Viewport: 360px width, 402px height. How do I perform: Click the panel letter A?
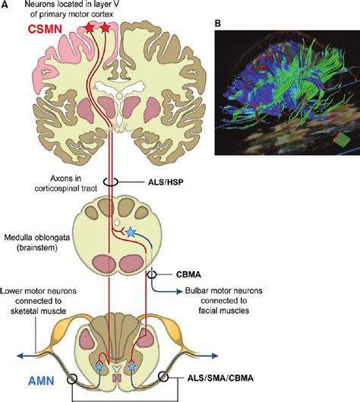pos(7,7)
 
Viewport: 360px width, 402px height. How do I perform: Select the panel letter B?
pos(218,24)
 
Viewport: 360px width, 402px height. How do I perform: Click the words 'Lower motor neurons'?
pos(35,290)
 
